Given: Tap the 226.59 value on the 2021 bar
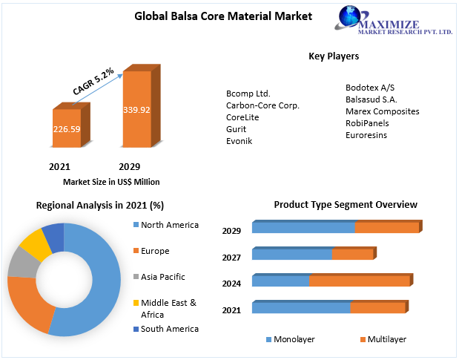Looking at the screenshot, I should tap(66, 128).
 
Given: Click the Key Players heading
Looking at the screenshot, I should tap(333, 56).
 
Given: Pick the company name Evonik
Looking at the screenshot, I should tap(239, 140).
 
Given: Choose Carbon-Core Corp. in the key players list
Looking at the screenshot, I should tap(262, 105).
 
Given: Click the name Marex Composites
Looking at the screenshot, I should tap(382, 111).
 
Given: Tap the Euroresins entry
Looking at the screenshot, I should tap(366, 135).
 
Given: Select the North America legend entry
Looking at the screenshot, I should tap(169, 225).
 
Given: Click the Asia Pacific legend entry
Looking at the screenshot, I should tap(162, 277).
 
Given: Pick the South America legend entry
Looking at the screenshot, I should tap(169, 329).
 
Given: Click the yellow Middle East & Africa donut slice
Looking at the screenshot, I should tap(34, 243).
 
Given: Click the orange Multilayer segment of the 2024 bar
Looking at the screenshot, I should tap(359, 281).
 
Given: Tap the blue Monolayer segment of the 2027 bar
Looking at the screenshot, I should tap(291, 255).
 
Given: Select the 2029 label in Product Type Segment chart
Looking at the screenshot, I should tap(231, 231).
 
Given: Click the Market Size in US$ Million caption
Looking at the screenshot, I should tap(111, 182).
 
